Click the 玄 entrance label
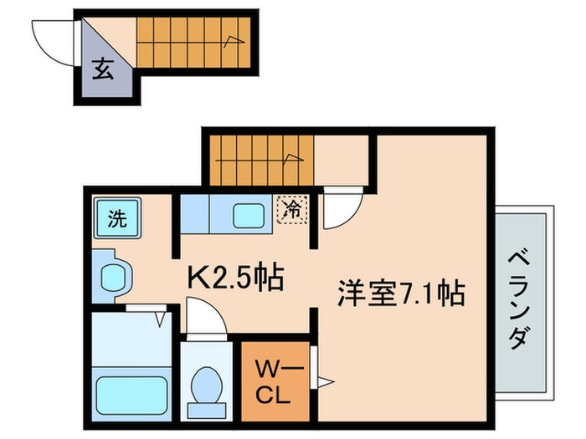pos(103,69)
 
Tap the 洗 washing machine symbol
pos(117,218)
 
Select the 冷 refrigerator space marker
pos(292,210)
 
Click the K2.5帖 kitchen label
pos(235,277)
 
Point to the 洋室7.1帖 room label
pos(401,293)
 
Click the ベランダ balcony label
pos(520,299)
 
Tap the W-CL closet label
pos(275,381)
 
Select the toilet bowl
pos(206,385)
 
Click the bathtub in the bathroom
pos(131,396)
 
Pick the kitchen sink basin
pos(249,216)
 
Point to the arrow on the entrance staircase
pos(234,42)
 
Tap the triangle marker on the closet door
pos(325,382)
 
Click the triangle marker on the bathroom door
pos(161,320)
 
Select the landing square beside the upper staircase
pos(341,160)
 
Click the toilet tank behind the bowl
pos(207,411)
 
